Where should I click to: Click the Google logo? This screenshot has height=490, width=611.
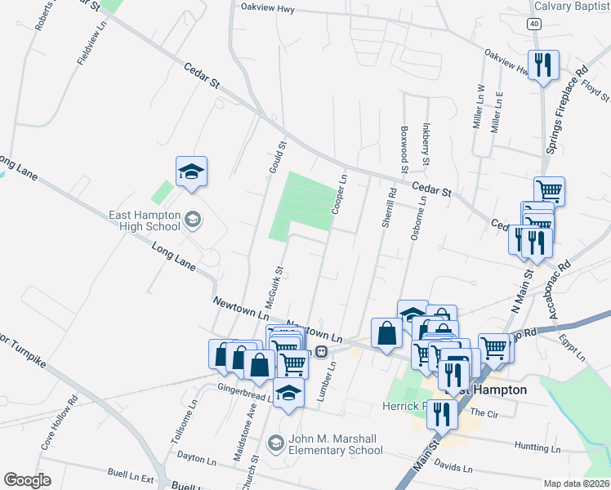tap(27, 480)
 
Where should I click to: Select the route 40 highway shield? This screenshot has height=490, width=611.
tap(533, 24)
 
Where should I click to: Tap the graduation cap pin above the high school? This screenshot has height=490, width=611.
tap(191, 171)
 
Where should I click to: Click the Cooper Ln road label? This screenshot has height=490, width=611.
tap(339, 195)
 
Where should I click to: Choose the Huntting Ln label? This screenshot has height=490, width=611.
tap(537, 448)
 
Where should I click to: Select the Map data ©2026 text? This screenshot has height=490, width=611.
tap(577, 483)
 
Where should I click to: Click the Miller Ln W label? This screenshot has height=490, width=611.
tap(479, 107)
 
